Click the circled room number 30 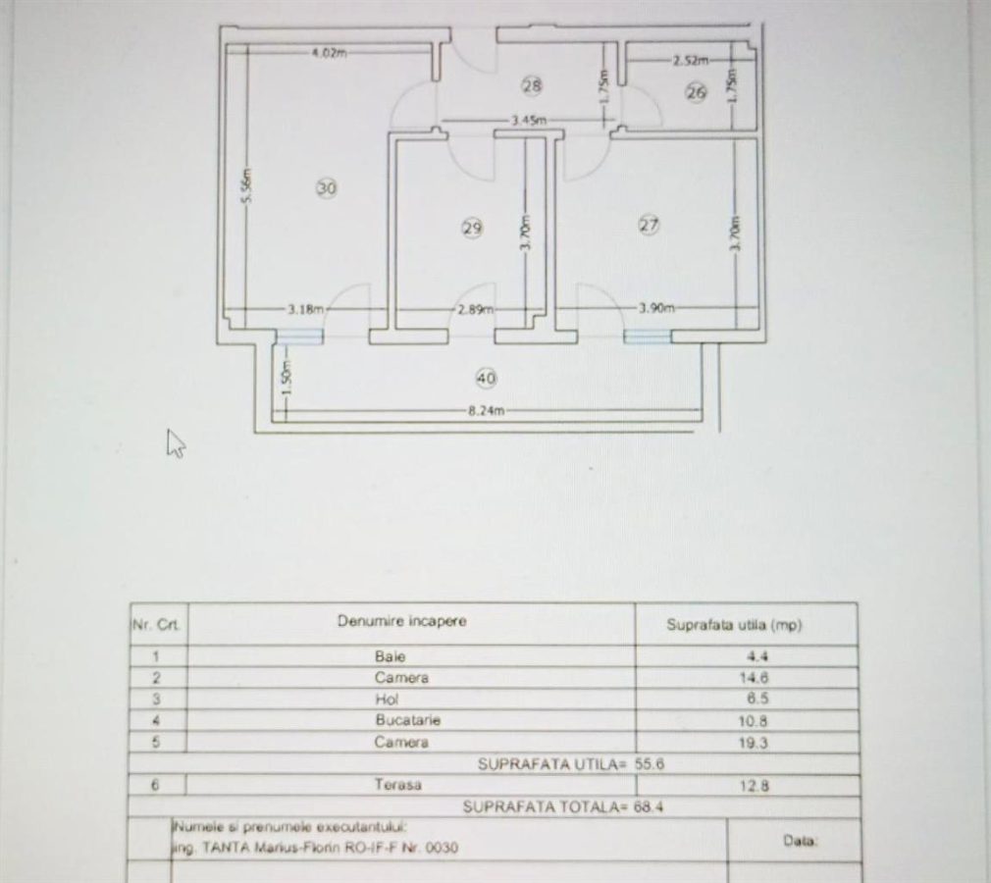(328, 187)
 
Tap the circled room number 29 (472, 228)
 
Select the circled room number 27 (649, 225)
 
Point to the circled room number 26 (696, 93)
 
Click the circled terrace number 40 (485, 377)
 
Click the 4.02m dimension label (329, 53)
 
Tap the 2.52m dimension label (690, 61)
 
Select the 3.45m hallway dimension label (529, 121)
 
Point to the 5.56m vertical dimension (247, 184)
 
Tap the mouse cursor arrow (176, 442)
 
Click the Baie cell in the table (390, 656)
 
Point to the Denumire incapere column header (402, 621)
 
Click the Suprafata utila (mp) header (734, 625)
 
